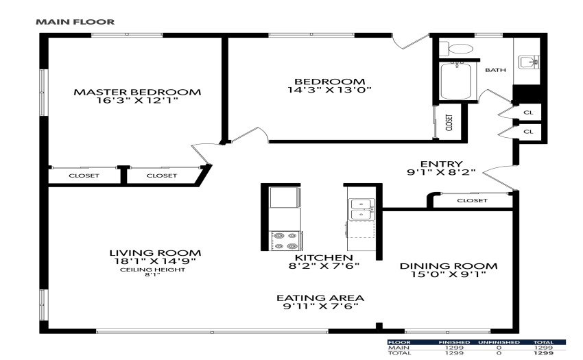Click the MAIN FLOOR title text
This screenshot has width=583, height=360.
[75, 22]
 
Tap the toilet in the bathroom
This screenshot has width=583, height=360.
[456, 49]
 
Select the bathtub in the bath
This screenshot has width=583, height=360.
[456, 81]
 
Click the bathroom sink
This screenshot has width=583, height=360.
[529, 62]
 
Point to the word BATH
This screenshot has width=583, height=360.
[496, 70]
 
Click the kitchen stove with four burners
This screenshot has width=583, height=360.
[285, 240]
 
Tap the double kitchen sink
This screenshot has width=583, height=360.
[361, 209]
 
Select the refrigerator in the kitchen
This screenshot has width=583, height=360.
[285, 197]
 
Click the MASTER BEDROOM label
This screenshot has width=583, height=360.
[137, 92]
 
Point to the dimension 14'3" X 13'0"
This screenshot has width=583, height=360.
[330, 90]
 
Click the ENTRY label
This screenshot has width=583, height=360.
[441, 164]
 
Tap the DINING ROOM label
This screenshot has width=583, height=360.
[449, 266]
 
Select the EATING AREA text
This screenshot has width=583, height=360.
[320, 298]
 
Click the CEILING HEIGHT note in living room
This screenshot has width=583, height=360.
[152, 269]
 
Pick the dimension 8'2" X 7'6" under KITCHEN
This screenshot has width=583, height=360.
[324, 266]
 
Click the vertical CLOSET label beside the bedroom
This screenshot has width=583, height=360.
[449, 122]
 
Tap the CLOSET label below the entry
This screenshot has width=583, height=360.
[472, 200]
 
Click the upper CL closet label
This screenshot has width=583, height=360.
[528, 112]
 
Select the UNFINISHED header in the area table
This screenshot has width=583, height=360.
[499, 342]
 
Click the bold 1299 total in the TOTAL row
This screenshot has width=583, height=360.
[543, 352]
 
